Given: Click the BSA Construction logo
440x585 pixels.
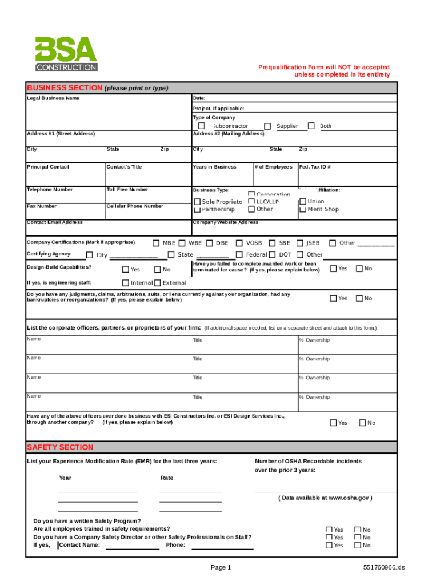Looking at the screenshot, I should click(66, 54).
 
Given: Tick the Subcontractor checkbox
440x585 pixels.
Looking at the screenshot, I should click(202, 126).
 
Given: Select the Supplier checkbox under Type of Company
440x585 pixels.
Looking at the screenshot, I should click(267, 126).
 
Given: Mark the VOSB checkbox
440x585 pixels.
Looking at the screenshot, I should click(240, 243).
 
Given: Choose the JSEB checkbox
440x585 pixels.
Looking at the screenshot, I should click(300, 243).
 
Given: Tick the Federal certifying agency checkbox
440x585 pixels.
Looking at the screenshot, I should click(240, 255).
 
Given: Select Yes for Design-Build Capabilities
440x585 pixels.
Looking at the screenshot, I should click(126, 269).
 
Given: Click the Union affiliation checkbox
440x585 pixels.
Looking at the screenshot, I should click(302, 201).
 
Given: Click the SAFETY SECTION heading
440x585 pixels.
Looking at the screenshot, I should click(60, 447).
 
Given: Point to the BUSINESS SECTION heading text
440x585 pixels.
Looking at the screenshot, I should click(65, 88).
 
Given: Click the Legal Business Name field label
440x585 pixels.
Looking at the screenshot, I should click(53, 98).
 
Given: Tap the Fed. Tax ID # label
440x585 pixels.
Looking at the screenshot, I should click(315, 167).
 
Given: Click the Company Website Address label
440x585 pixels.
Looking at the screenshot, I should click(226, 222).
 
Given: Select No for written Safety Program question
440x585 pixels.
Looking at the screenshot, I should click(358, 530).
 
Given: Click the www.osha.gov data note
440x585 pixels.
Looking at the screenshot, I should click(326, 498).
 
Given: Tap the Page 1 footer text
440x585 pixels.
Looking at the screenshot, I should click(221, 567).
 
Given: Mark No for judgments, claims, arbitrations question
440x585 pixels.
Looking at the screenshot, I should click(359, 298).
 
